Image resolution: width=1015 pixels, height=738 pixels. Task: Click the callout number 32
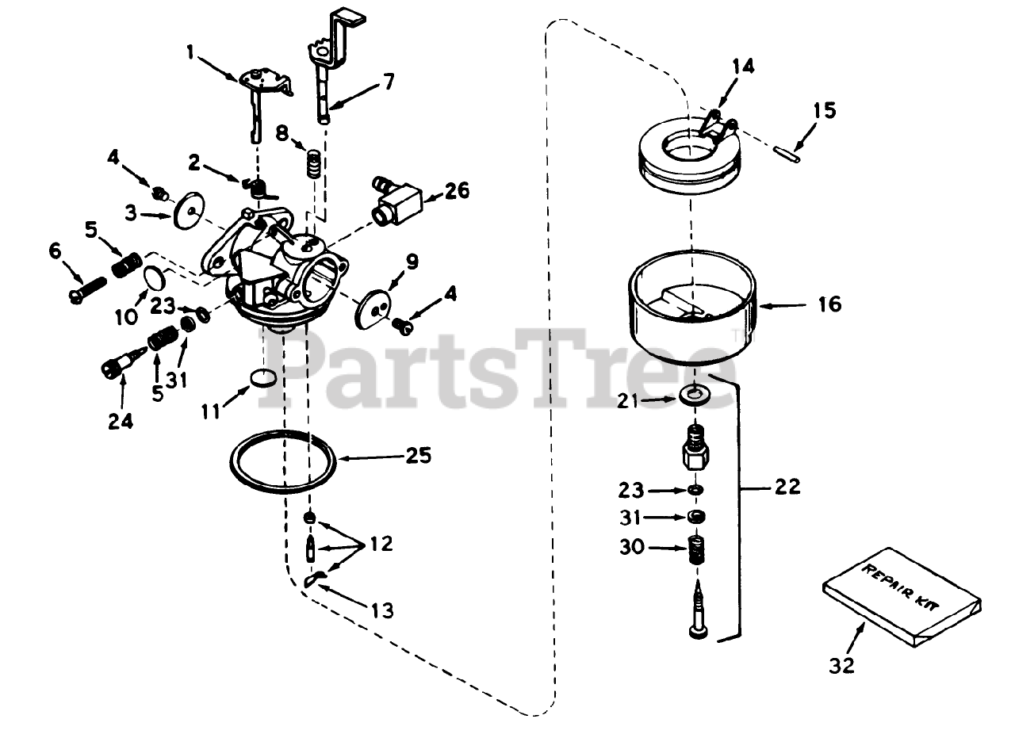click(x=842, y=666)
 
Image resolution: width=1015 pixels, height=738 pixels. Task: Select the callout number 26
click(x=458, y=191)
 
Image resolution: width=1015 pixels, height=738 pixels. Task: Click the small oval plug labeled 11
click(x=263, y=378)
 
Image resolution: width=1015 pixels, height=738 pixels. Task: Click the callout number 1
click(x=190, y=52)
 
